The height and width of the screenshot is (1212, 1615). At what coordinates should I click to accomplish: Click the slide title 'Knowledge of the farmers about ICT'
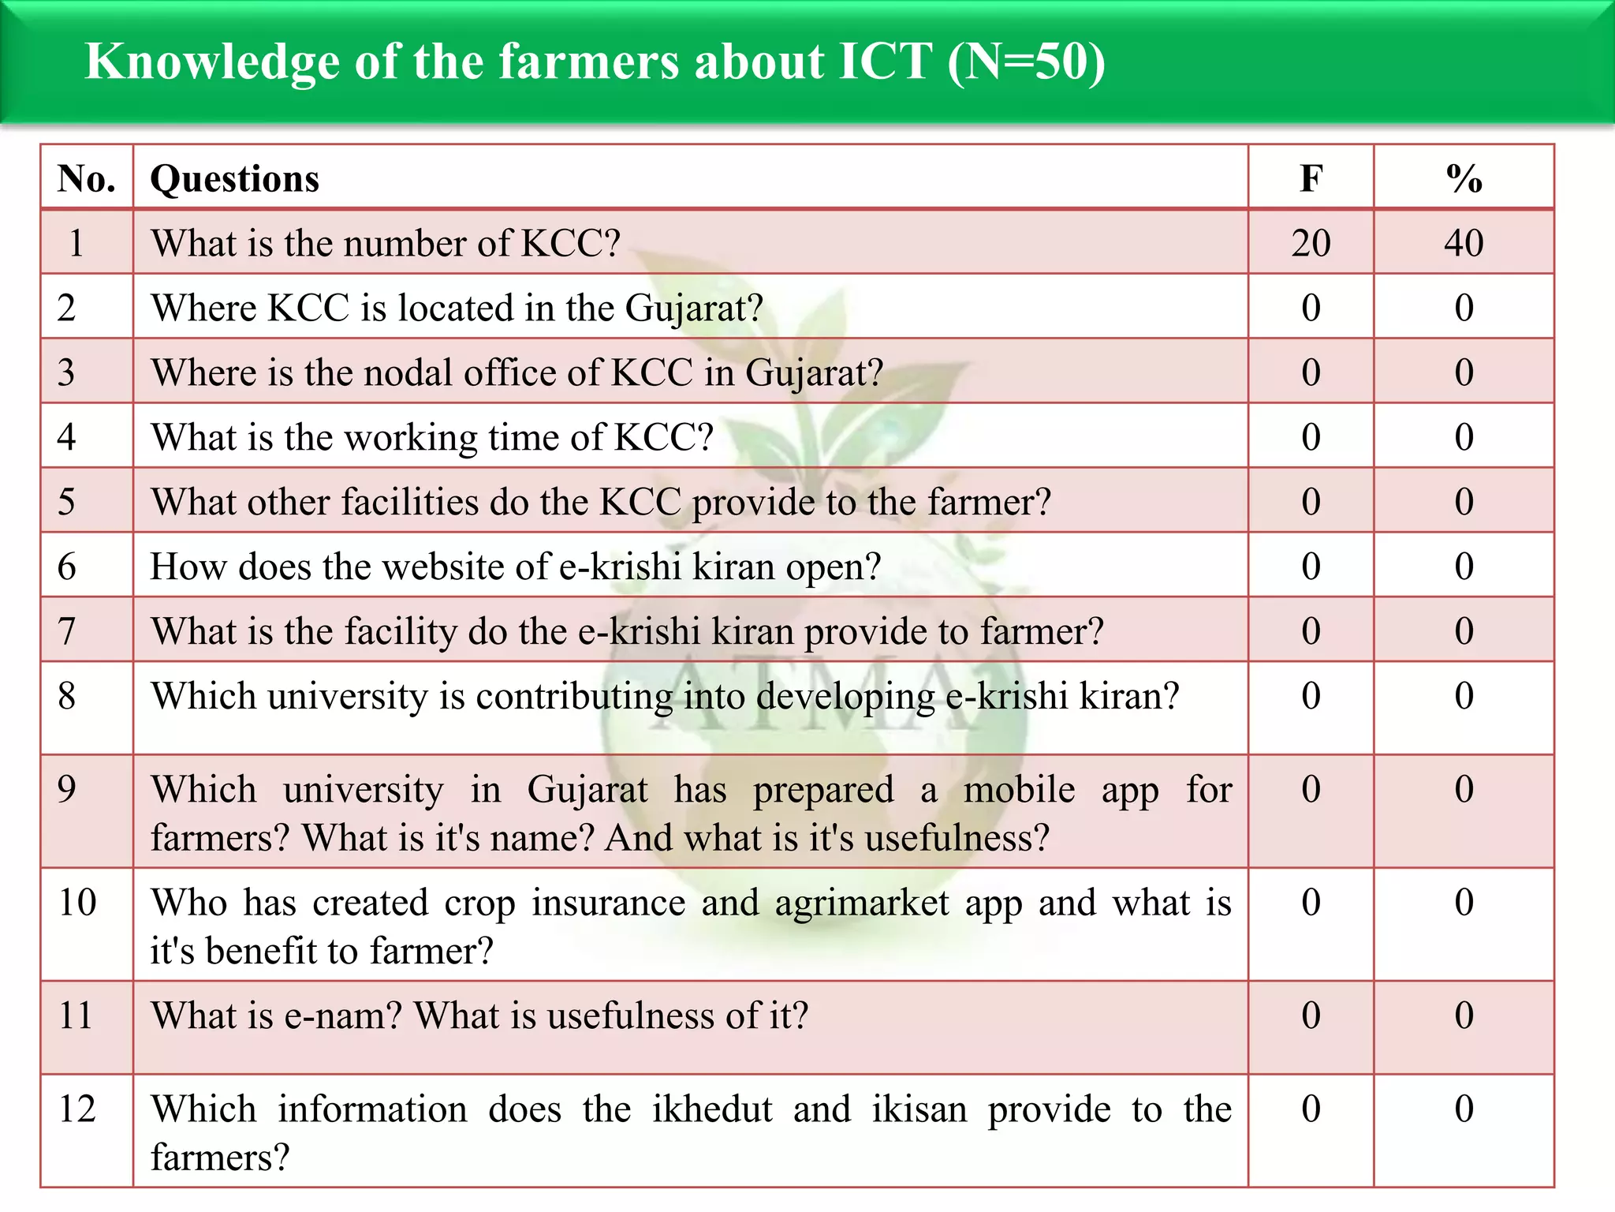pyautogui.click(x=595, y=62)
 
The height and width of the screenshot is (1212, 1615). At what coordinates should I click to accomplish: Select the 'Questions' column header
pyautogui.click(x=235, y=178)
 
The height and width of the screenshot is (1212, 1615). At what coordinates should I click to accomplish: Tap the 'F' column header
pyautogui.click(x=1311, y=178)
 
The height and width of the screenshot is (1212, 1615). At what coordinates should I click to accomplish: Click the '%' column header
pyautogui.click(x=1464, y=178)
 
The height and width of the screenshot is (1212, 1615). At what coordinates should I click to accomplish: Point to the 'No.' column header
pyautogui.click(x=86, y=178)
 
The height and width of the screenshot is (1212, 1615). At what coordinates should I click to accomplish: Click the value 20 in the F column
pyautogui.click(x=1311, y=243)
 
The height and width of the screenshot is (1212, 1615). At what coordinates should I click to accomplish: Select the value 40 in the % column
pyautogui.click(x=1464, y=243)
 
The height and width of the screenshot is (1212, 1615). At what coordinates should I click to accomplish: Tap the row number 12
pyautogui.click(x=77, y=1109)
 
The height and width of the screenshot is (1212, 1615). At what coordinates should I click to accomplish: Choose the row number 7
pyautogui.click(x=67, y=631)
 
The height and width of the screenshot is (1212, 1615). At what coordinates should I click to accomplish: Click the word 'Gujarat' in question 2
pyautogui.click(x=694, y=309)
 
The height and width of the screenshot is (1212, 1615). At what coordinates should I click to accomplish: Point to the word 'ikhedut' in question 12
pyautogui.click(x=712, y=1109)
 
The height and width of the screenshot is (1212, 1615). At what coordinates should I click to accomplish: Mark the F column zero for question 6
pyautogui.click(x=1311, y=567)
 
